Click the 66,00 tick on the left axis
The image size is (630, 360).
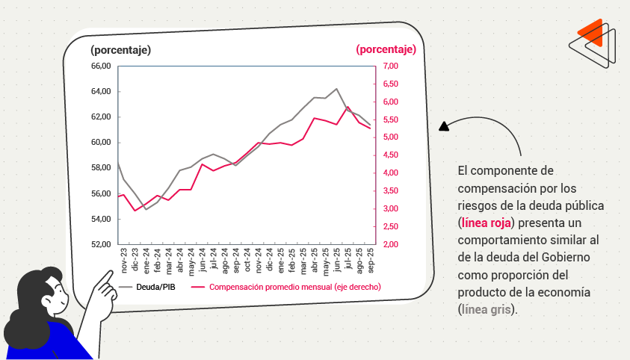pyautogui.click(x=100, y=66)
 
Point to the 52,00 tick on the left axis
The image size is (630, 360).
pyautogui.click(x=100, y=244)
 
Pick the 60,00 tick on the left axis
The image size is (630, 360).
pyautogui.click(x=100, y=142)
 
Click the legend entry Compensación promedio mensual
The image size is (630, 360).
pyautogui.click(x=295, y=287)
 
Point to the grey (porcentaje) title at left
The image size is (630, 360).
pyautogui.click(x=120, y=50)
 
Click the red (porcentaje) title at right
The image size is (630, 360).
pyautogui.click(x=386, y=50)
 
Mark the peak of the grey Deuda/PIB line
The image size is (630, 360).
pyautogui.click(x=336, y=89)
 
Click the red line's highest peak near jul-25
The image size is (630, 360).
pyautogui.click(x=348, y=107)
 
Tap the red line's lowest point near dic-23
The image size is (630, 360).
pyautogui.click(x=135, y=211)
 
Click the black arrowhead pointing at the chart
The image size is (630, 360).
pyautogui.click(x=443, y=126)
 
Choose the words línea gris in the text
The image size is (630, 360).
pyautogui.click(x=486, y=308)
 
